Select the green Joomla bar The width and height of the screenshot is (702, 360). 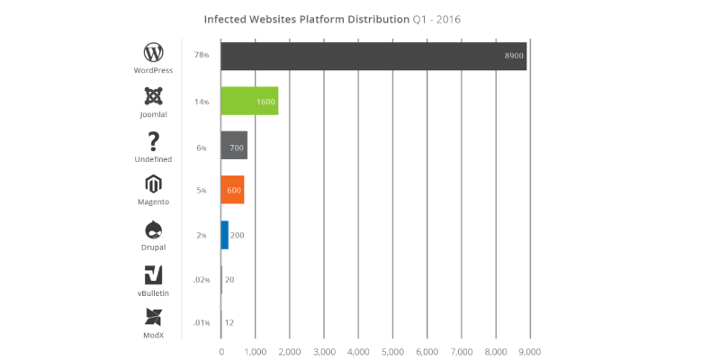click(249, 101)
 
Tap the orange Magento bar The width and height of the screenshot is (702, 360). click(232, 190)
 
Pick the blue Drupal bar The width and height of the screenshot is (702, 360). click(224, 235)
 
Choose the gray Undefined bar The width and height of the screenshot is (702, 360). click(234, 146)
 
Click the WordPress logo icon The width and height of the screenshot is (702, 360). click(153, 51)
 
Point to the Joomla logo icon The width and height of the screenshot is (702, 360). click(153, 96)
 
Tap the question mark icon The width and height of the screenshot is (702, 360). click(153, 140)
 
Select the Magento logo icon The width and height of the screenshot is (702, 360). click(153, 185)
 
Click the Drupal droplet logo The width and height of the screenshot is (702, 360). click(153, 229)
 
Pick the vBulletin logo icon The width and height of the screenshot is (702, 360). click(153, 274)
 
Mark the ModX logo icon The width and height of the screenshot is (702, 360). click(153, 318)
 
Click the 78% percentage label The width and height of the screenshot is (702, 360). click(201, 56)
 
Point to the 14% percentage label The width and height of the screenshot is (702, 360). click(201, 102)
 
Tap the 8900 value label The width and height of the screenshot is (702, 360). click(514, 56)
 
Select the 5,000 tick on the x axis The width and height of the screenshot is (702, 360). click(392, 351)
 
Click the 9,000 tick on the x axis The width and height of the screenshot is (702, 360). click(529, 351)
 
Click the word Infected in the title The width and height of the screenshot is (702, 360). click(227, 18)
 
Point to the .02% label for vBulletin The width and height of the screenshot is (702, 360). click(202, 280)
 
